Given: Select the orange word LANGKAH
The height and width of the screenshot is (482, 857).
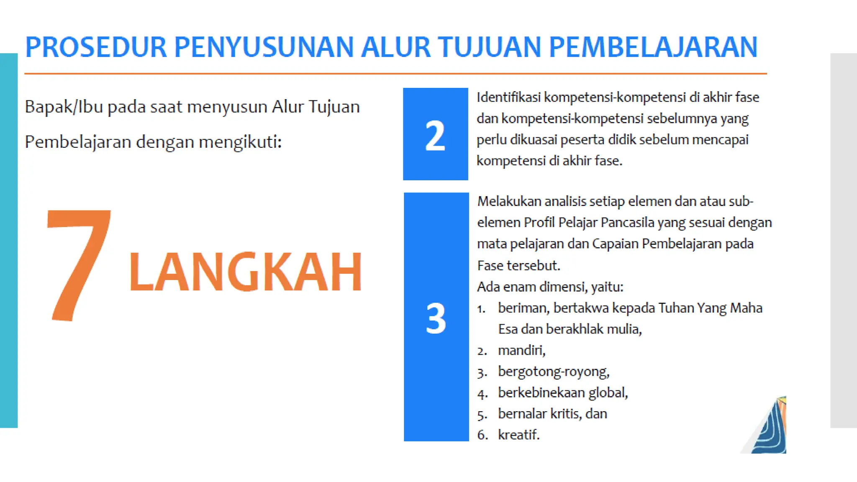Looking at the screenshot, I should (x=245, y=272).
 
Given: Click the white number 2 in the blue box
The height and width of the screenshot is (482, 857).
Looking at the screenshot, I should (x=435, y=136).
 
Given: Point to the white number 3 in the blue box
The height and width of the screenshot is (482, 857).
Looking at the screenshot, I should (x=436, y=318).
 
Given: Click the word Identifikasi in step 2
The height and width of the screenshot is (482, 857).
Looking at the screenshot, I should (x=509, y=97).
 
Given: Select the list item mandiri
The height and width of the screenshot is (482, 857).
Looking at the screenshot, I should (x=521, y=350).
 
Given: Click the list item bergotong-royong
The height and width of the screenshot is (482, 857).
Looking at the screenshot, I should (x=553, y=372).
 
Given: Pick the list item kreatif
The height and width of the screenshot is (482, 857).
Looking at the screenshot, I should (x=518, y=435).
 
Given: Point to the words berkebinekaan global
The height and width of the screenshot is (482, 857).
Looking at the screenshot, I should (x=563, y=393).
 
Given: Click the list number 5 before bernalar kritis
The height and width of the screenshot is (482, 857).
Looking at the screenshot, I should (x=482, y=415).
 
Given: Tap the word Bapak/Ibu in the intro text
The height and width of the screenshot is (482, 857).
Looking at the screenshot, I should (x=64, y=107).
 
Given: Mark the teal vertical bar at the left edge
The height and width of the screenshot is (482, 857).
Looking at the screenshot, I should (x=9, y=241).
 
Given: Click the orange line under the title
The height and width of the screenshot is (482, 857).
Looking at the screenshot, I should (x=395, y=74).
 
